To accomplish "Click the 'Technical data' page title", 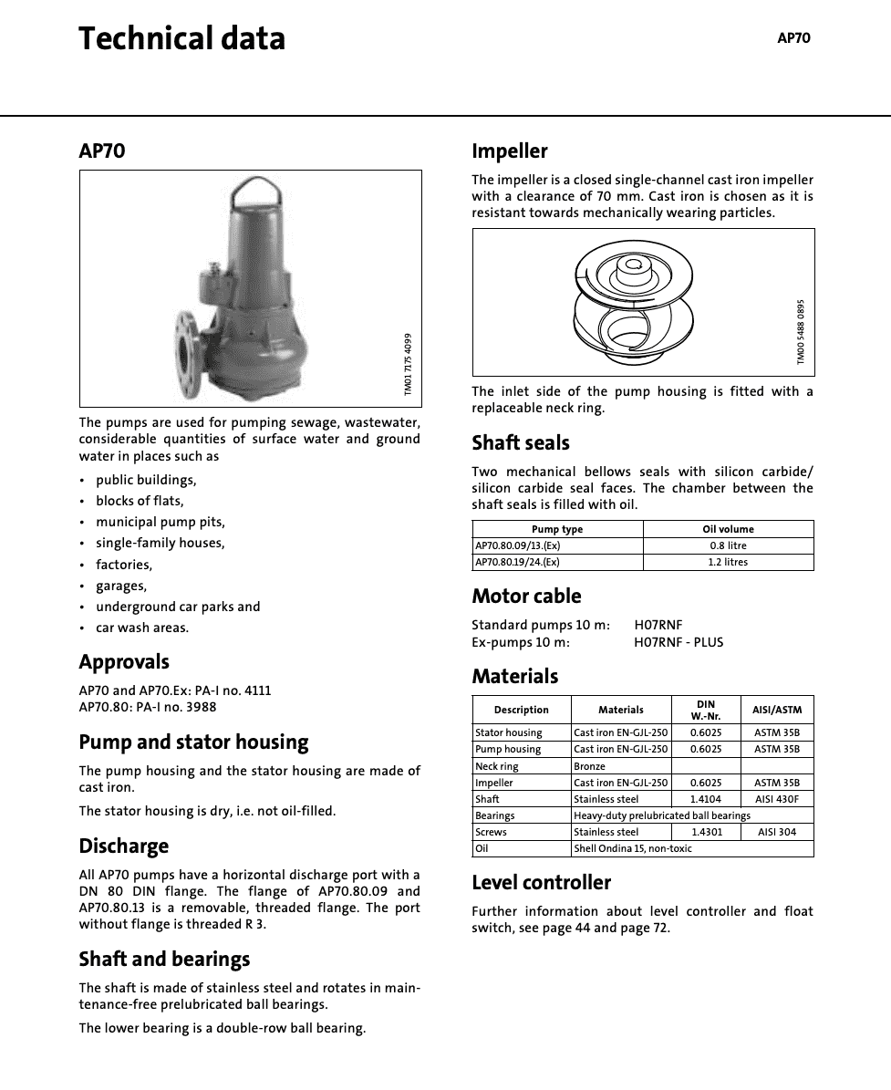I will pos(181,39).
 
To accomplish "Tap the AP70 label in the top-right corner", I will pos(793,38).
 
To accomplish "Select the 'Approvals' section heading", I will pos(124,662).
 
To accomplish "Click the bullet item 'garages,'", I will pos(121,586).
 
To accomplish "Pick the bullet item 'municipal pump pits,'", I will pos(161,522).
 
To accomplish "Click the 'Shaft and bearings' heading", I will pos(164,960).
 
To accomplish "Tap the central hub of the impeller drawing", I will pos(632,266).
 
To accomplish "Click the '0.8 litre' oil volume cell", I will pos(728,545).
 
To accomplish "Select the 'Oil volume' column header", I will pos(728,529).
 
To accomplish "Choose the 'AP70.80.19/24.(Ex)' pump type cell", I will pos(517,562).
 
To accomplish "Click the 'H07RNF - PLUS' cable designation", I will pos(679,642).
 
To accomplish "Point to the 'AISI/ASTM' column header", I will pos(777,710).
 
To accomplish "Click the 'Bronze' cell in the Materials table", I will pos(589,766).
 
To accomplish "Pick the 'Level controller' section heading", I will pos(541,883).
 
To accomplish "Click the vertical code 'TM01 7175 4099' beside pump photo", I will pos(408,364).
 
